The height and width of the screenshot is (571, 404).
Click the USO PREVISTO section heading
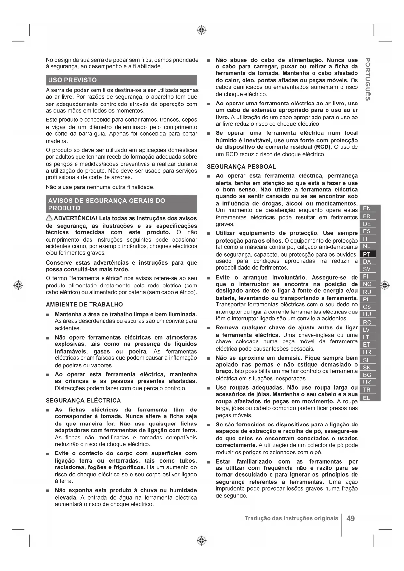[x=72, y=80]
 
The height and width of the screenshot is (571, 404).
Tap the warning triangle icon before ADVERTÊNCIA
[x=49, y=218]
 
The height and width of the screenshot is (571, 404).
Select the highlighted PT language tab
[x=367, y=254]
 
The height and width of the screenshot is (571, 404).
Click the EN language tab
[x=367, y=208]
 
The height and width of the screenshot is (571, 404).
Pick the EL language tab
[x=367, y=397]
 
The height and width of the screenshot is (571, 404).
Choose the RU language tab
[x=367, y=292]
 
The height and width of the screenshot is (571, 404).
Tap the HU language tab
[x=367, y=314]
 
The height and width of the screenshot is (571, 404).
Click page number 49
[x=351, y=518]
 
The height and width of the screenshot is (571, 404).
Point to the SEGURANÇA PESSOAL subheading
[x=241, y=167]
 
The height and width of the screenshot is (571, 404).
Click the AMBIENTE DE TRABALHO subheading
[x=84, y=305]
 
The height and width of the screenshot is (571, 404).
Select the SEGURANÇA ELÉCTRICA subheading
[x=83, y=400]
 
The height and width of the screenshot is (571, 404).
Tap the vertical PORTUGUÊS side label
[x=368, y=79]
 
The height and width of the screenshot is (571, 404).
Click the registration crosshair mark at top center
[x=202, y=30]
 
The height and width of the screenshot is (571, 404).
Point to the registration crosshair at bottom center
[x=202, y=541]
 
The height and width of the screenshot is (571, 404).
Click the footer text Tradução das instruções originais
[x=291, y=518]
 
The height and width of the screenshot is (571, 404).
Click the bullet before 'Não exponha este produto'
[x=48, y=491]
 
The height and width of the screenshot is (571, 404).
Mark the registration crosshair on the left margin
[x=19, y=285]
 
